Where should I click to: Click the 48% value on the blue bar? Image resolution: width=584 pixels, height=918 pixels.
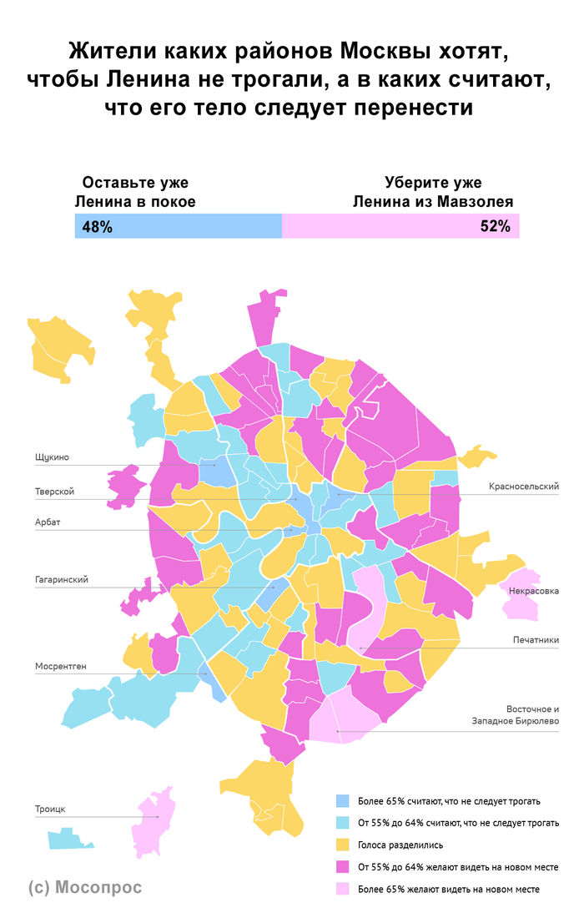coord(97,227)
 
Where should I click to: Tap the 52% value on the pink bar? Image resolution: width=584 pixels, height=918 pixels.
coord(495,227)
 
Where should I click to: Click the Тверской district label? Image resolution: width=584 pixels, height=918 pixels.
coord(54,492)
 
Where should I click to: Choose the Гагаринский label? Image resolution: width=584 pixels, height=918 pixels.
coord(62,579)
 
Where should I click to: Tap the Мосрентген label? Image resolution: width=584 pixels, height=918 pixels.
coord(61,666)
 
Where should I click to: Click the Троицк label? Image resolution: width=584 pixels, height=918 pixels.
coord(50,809)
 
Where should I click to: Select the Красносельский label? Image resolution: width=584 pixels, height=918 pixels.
coord(523,487)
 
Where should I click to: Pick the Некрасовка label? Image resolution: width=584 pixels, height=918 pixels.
coord(533,591)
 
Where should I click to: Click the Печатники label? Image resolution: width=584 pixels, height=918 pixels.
coord(535,640)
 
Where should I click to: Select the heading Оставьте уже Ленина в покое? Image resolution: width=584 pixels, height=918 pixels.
coord(135,192)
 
